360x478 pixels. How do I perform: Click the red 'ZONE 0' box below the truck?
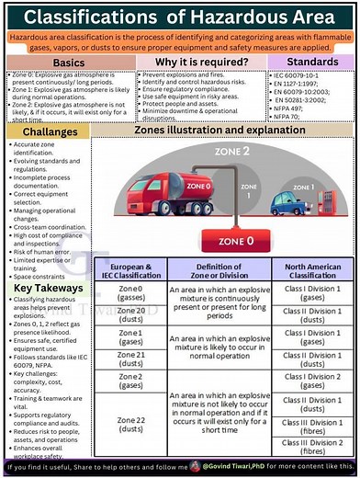pyautogui.click(x=225, y=244)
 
